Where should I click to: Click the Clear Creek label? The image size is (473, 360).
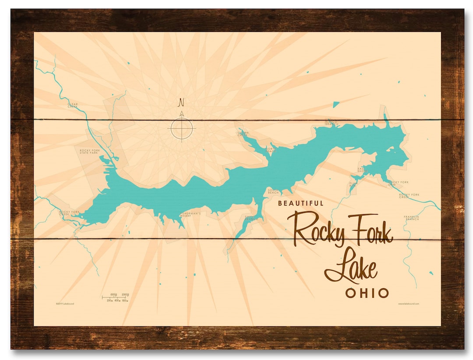pyautogui.click(x=72, y=105)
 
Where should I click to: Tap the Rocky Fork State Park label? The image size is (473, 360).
pyautogui.click(x=90, y=152)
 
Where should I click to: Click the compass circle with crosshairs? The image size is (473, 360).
pyautogui.click(x=181, y=128)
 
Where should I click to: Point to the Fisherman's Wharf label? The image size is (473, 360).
pyautogui.click(x=190, y=214)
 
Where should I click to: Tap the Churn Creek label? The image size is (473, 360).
pyautogui.click(x=243, y=134)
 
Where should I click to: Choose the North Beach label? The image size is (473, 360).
pyautogui.click(x=271, y=150)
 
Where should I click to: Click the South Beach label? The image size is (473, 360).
pyautogui.click(x=273, y=191)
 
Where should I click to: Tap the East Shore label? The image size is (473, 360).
pyautogui.click(x=362, y=169)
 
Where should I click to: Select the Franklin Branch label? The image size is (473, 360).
pyautogui.click(x=412, y=218)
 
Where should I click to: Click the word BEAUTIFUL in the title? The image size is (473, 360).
pyautogui.click(x=301, y=203)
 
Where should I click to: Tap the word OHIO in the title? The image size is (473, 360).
pyautogui.click(x=367, y=293)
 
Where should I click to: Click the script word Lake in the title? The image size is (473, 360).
pyautogui.click(x=350, y=266)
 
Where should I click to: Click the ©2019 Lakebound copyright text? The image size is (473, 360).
pyautogui.click(x=65, y=303)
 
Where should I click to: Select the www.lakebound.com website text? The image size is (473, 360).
pyautogui.click(x=409, y=303)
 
